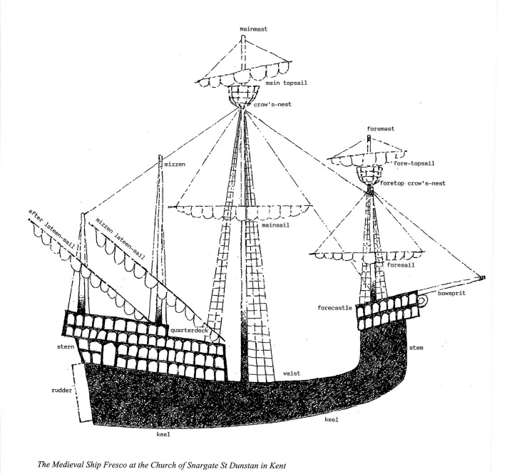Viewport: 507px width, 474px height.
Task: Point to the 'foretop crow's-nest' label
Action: click(x=413, y=183)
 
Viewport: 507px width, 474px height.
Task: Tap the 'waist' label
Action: click(x=290, y=373)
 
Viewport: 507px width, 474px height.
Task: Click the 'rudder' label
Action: click(x=57, y=391)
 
